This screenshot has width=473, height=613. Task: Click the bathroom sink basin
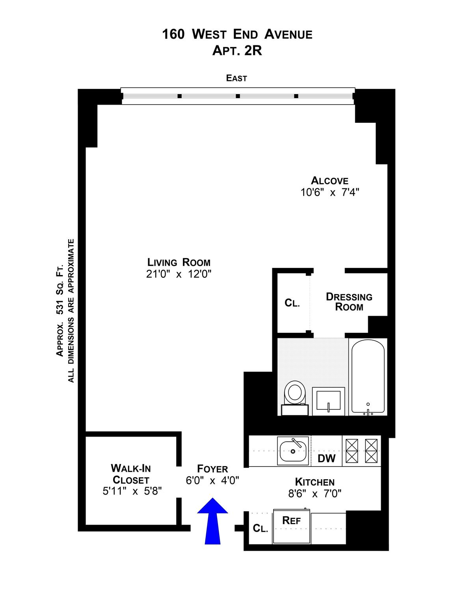(328, 400)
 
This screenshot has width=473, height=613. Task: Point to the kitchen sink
(292, 451)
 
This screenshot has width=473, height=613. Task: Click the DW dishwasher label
(326, 458)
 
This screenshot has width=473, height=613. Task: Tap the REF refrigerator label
(291, 520)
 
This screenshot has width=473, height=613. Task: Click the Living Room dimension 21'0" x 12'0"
(179, 274)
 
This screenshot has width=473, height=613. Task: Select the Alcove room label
(330, 180)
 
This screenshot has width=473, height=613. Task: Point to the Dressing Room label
(349, 302)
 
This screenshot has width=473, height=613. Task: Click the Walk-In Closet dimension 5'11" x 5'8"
(132, 491)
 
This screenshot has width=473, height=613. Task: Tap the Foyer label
(212, 469)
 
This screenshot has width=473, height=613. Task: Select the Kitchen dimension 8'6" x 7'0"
(315, 494)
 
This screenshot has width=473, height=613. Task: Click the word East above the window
(236, 78)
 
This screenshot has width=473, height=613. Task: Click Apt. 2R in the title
(237, 51)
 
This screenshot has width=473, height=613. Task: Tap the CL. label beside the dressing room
(292, 303)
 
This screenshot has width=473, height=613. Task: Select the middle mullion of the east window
(238, 96)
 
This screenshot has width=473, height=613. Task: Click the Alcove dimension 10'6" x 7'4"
(330, 192)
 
